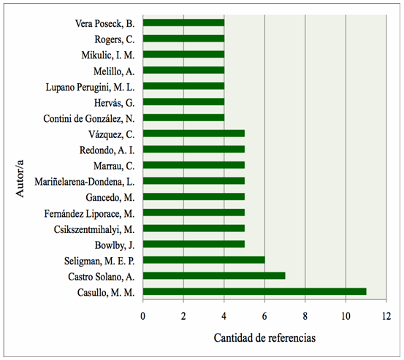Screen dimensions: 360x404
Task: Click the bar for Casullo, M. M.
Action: [x=254, y=291]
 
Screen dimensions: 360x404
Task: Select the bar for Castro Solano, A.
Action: [x=214, y=275]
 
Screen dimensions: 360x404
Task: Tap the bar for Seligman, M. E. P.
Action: [x=204, y=259]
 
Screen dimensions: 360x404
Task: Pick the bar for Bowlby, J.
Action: [x=194, y=244]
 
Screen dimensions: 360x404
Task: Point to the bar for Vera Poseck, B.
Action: [x=183, y=23]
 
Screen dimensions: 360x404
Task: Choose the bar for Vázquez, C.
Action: [x=194, y=134]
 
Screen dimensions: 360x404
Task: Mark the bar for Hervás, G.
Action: [x=183, y=102]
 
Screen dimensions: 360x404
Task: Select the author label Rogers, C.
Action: [x=114, y=39]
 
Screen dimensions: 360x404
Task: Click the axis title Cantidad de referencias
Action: [x=264, y=339]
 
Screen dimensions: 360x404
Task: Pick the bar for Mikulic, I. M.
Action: [x=183, y=55]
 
